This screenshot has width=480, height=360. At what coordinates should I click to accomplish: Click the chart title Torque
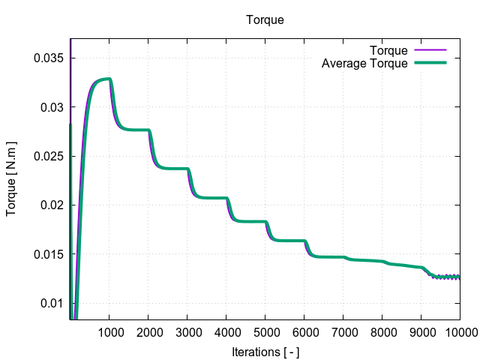(265, 20)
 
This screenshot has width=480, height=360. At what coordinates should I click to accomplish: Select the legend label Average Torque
(364, 64)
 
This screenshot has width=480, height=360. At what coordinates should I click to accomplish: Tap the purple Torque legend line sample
(430, 51)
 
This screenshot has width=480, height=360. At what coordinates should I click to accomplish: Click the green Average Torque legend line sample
(430, 64)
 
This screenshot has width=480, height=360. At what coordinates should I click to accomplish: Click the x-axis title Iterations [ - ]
(265, 351)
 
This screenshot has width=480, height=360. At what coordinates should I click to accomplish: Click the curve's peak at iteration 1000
(109, 79)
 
